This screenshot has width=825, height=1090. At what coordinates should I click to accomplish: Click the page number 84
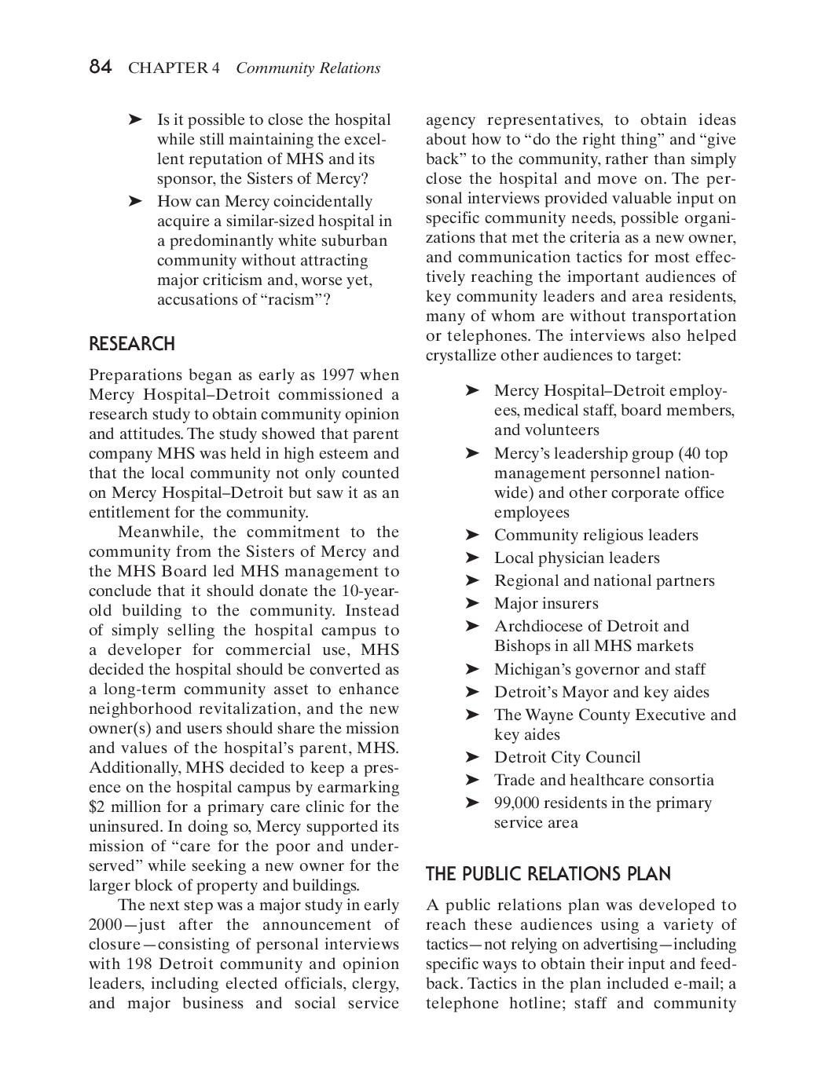(x=101, y=68)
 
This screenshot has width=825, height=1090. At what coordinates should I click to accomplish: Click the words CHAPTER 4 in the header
(x=174, y=68)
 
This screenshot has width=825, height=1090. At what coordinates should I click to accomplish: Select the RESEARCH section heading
(x=131, y=344)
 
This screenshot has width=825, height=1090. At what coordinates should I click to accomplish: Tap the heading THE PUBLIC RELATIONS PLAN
(x=548, y=874)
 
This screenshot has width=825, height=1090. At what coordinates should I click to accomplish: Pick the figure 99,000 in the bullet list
(x=516, y=803)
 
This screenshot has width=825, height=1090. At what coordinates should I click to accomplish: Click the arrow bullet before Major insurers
(x=471, y=603)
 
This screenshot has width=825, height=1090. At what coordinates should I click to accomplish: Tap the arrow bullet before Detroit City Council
(x=471, y=757)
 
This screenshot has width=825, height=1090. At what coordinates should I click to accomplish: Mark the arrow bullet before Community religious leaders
(x=471, y=535)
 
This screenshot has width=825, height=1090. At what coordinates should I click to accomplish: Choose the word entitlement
(x=127, y=512)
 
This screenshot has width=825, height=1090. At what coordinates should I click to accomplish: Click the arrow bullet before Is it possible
(x=135, y=119)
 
